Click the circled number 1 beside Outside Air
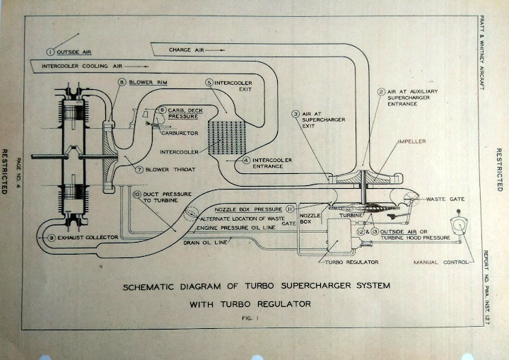pos(50,51)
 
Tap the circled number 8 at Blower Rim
pos(122,83)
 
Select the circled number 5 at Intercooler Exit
pos(209,82)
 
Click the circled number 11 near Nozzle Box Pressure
pos(290,209)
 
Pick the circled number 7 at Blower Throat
pos(139,170)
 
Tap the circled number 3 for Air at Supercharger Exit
pos(296,113)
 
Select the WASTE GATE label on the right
pos(443,200)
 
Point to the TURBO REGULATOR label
pos(351,262)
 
